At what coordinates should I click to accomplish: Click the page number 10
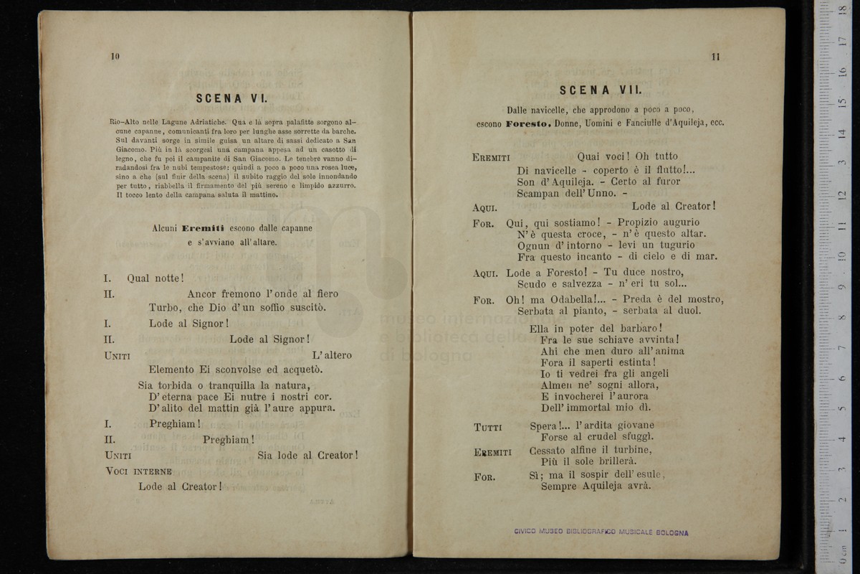pos(115,57)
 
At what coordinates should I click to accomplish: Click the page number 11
pos(715,57)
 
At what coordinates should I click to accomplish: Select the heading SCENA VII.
pos(601,90)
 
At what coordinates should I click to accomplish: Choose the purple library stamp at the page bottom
pos(601,532)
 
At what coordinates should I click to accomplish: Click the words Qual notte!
pos(156,278)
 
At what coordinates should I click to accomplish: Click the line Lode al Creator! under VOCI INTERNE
pos(180,486)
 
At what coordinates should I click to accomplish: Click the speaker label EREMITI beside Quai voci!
pos(491,157)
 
